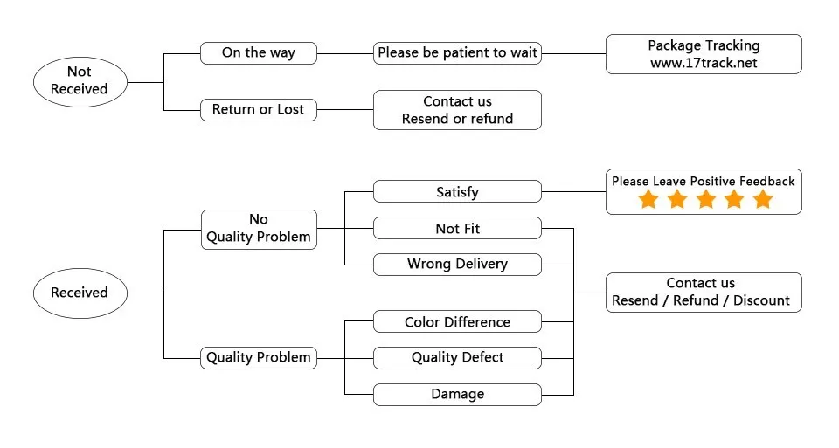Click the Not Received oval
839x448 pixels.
pyautogui.click(x=79, y=80)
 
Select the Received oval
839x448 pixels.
pyautogui.click(x=79, y=293)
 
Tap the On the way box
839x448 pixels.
pyautogui.click(x=258, y=52)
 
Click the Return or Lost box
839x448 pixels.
pyautogui.click(x=258, y=109)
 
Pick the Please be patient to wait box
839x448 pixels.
pyautogui.click(x=457, y=52)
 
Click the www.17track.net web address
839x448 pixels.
pyautogui.click(x=704, y=63)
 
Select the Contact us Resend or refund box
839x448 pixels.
pyautogui.click(x=457, y=110)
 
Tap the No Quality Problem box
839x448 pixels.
pyautogui.click(x=258, y=229)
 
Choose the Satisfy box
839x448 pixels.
pyautogui.click(x=457, y=191)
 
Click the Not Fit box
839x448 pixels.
pyautogui.click(x=457, y=229)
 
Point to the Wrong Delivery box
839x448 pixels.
pyautogui.click(x=457, y=264)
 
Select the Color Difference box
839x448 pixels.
pyautogui.click(x=457, y=322)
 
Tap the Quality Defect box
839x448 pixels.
pyautogui.click(x=457, y=357)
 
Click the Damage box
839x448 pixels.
pyautogui.click(x=457, y=394)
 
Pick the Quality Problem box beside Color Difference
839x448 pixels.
pyautogui.click(x=258, y=357)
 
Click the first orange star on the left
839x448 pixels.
pyautogui.click(x=648, y=200)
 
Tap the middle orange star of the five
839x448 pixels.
pyautogui.click(x=705, y=200)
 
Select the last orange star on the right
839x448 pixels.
pyautogui.click(x=763, y=200)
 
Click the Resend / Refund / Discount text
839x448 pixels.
pyautogui.click(x=700, y=300)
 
